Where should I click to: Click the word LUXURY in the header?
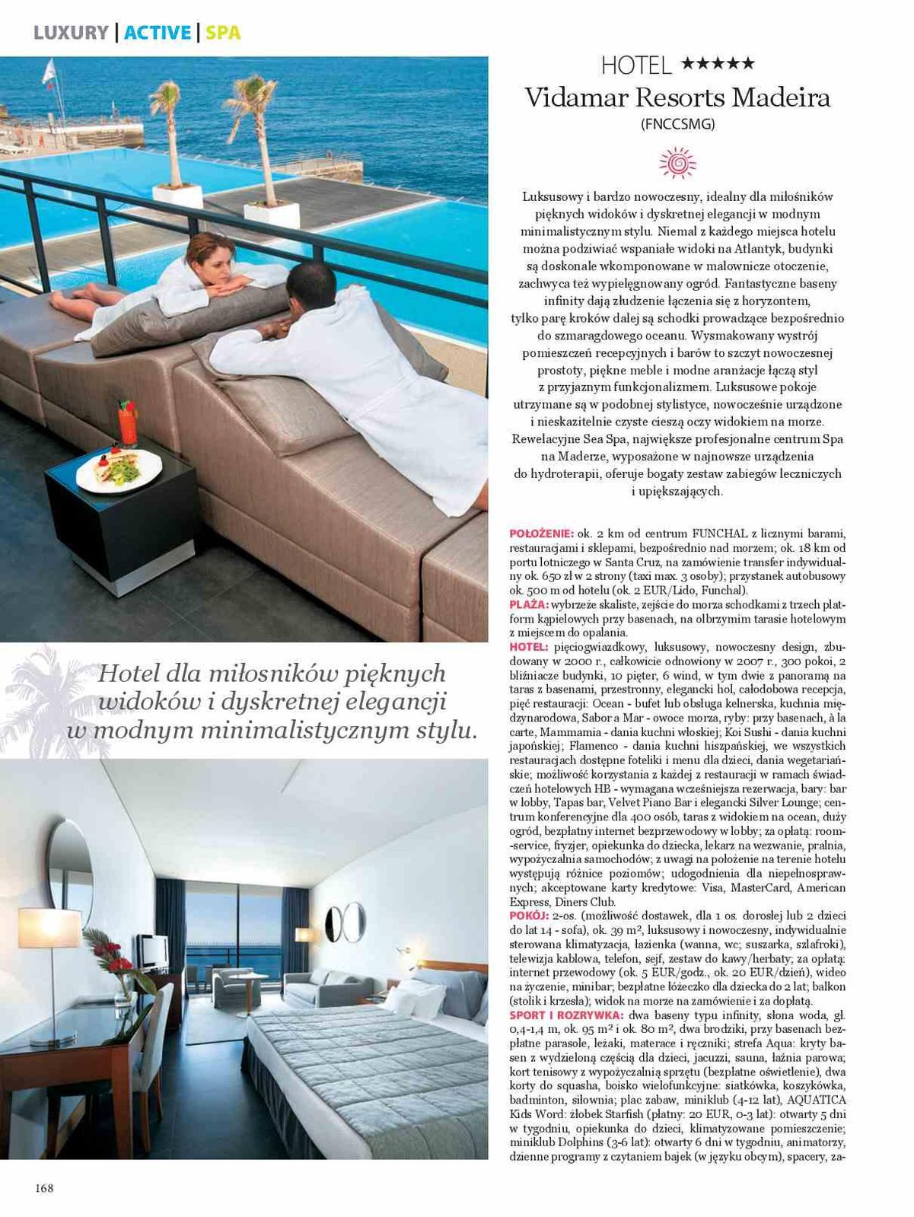(71, 33)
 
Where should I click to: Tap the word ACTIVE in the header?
(158, 33)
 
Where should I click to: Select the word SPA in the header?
(223, 33)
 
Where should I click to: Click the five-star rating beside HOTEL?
(718, 64)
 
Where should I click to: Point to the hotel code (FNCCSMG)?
(678, 124)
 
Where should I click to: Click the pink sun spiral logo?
(677, 163)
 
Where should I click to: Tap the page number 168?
(44, 1188)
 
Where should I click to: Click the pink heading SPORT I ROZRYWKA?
(566, 1015)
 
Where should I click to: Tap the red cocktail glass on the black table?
(126, 426)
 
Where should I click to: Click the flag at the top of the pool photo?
(49, 70)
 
